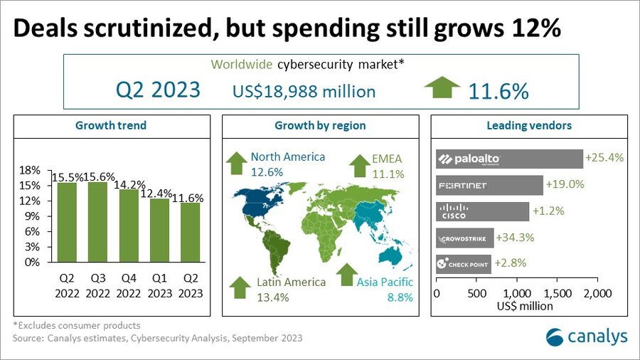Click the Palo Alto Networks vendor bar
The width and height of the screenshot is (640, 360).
[x=508, y=159]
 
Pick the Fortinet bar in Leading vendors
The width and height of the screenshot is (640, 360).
[x=489, y=186]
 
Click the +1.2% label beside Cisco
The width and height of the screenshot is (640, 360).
[x=550, y=211]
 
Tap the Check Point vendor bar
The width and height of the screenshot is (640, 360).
[x=463, y=264]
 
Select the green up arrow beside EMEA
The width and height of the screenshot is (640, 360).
[x=360, y=166]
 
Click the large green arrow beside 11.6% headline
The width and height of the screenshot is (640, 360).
[x=442, y=90]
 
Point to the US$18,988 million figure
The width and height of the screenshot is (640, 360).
[x=304, y=92]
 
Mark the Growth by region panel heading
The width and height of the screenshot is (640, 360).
[x=320, y=125]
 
